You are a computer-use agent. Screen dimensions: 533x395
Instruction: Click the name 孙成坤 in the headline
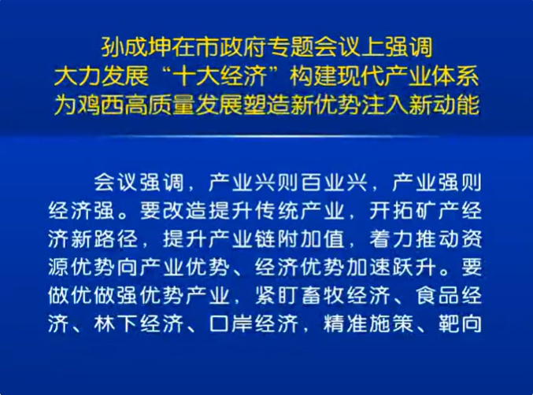136,47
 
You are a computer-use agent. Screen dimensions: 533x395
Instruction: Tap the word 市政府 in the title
231,47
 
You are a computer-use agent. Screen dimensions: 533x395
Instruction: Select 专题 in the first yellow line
290,47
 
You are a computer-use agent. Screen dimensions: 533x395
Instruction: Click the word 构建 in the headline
313,77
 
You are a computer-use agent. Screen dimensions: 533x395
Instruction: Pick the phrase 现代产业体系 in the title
409,77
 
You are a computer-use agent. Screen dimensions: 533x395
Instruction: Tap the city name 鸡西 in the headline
101,105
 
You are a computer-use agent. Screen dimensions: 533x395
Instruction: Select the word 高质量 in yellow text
160,105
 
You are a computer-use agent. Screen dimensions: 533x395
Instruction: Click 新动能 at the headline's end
444,105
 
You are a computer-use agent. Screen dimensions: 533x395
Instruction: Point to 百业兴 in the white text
335,183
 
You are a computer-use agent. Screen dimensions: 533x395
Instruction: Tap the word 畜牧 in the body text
324,296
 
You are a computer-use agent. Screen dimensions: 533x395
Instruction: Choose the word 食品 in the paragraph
438,296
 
